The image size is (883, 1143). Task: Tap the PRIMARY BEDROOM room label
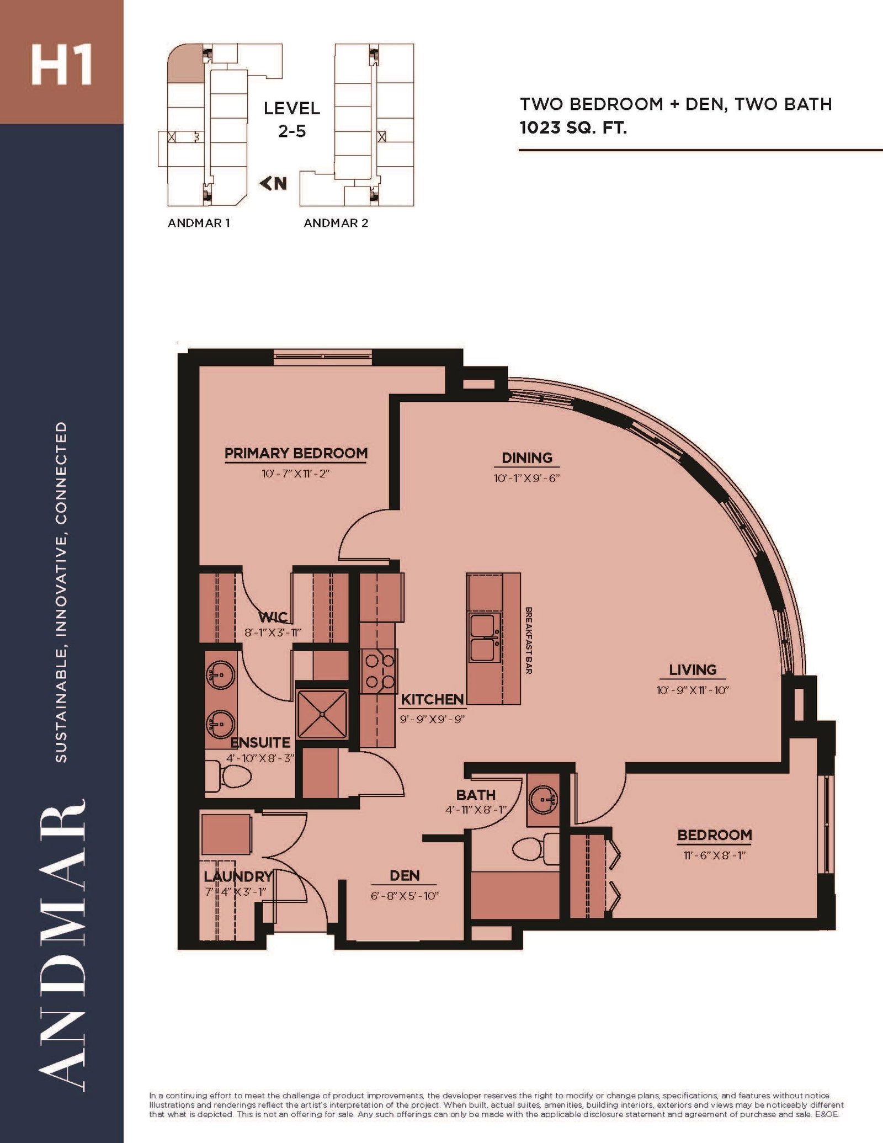point(296,453)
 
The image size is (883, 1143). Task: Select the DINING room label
point(527,458)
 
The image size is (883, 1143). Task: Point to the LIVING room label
point(693,669)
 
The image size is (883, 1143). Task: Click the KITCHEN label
point(432,699)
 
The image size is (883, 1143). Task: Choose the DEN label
point(405,875)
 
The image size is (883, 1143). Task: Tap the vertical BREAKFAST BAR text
point(528,640)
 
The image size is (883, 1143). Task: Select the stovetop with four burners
point(379,671)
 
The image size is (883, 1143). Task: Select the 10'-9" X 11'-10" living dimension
point(693,690)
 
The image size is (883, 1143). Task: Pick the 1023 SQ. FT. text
point(573,128)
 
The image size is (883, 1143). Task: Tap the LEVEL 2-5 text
point(292,119)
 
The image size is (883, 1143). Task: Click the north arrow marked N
point(274,183)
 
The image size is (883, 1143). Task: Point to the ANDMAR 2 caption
point(336,223)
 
